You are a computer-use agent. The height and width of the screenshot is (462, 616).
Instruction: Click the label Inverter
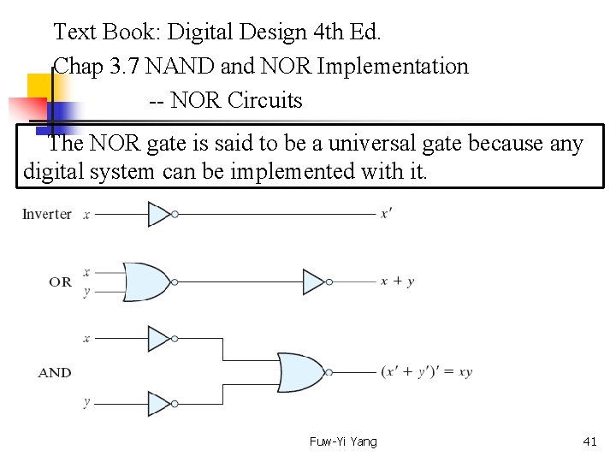46,214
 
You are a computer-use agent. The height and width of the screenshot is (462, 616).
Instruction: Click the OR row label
60,281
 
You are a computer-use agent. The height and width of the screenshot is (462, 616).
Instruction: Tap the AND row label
55,372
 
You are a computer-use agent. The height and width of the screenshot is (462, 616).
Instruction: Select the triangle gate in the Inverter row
161,214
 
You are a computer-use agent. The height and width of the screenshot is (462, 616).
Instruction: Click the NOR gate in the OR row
150,281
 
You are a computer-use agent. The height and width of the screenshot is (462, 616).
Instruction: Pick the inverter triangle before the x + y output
314,281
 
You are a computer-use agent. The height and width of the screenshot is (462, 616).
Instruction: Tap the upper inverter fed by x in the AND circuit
161,339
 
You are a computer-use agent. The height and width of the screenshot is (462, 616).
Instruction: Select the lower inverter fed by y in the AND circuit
161,403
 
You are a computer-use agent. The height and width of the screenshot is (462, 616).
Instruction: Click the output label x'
387,214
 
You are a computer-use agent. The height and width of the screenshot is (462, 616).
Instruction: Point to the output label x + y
398,281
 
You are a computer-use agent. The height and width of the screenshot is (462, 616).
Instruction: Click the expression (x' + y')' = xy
426,372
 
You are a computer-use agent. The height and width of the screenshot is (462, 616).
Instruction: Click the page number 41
589,441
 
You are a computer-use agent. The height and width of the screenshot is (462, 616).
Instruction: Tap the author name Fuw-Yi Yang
343,441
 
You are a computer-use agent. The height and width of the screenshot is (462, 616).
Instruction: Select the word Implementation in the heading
392,66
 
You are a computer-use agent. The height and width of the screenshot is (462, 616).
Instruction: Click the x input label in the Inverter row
86,214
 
